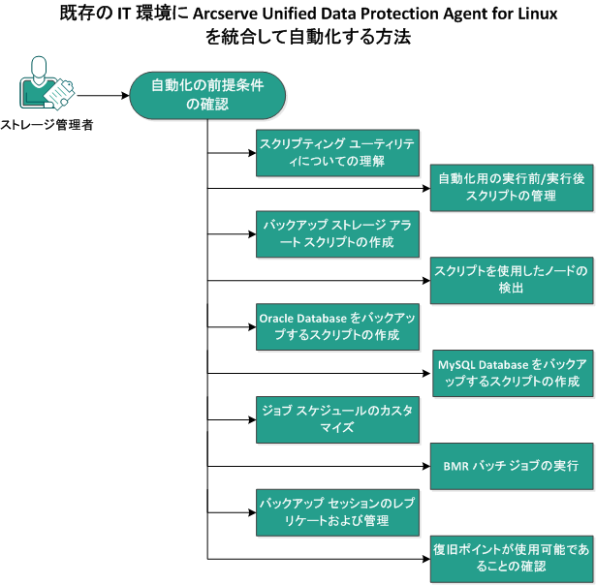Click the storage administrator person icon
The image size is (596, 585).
[37, 86]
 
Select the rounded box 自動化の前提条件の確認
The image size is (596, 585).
[208, 95]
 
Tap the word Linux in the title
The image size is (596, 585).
[541, 16]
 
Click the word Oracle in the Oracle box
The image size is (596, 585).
[277, 317]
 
